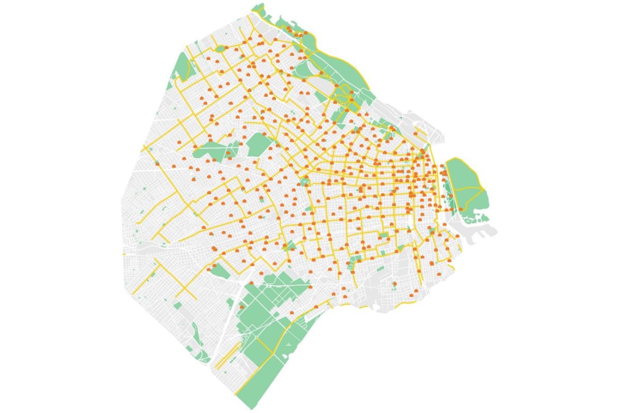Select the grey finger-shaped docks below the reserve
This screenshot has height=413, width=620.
(x=478, y=227)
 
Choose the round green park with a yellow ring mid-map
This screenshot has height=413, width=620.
(x=305, y=181)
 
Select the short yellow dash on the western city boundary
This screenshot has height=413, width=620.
(x=124, y=254)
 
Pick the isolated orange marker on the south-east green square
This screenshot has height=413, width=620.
(x=394, y=283)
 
